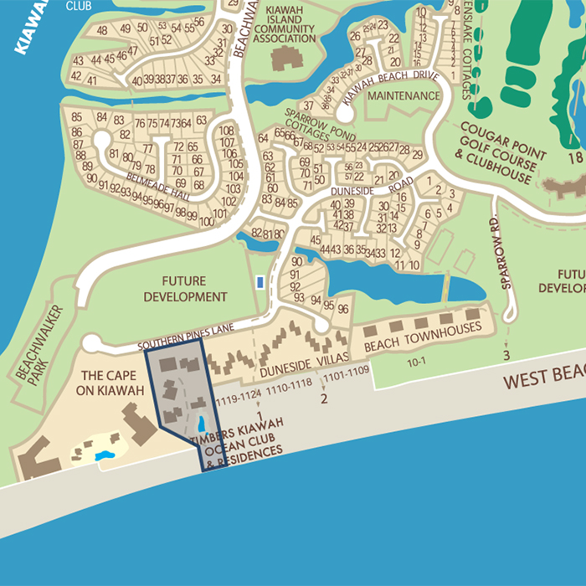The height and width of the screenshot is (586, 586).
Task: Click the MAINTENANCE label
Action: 404,96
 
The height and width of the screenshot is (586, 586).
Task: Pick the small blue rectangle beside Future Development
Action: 260,283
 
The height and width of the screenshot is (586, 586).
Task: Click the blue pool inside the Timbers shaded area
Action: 201,423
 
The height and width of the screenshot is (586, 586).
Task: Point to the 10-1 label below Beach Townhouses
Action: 416,362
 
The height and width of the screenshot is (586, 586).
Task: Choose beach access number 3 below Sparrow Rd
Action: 506,355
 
